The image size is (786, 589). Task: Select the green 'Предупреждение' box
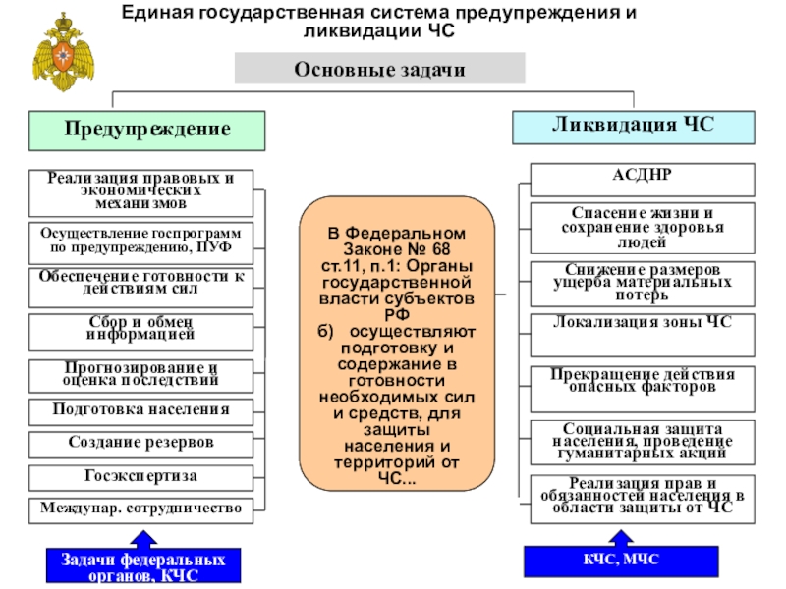(147, 130)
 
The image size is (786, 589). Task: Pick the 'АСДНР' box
(643, 180)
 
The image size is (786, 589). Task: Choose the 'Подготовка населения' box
(140, 409)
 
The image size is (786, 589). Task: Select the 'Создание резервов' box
(140, 443)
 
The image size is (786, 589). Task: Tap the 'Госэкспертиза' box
(140, 476)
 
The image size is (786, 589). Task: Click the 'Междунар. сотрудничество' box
(140, 509)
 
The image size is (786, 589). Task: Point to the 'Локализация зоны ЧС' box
(643, 332)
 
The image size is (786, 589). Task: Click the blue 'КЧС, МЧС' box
(619, 560)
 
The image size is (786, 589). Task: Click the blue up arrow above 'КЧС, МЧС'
(620, 536)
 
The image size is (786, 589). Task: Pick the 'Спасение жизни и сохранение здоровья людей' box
(643, 227)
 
